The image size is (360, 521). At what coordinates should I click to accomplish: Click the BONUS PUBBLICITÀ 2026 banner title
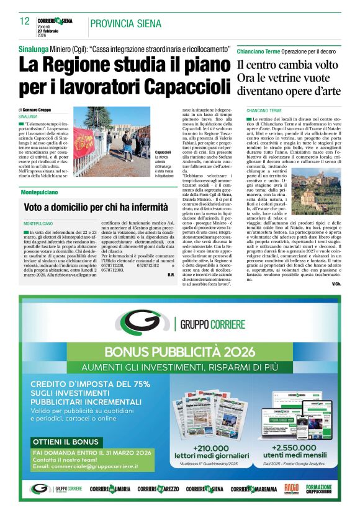(x=179, y=351)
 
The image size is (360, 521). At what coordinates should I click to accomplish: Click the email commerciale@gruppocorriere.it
(x=102, y=466)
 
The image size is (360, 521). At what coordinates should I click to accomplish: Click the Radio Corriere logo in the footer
(x=291, y=489)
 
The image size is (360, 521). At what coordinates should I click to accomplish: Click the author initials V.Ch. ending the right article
(x=336, y=284)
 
